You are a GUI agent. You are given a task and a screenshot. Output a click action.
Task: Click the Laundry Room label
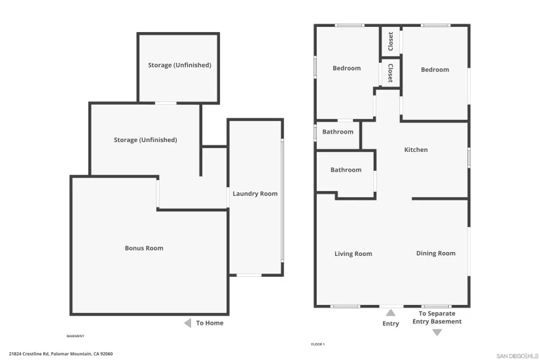(x=255, y=194)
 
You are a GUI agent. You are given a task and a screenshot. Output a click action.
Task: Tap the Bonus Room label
(x=144, y=248)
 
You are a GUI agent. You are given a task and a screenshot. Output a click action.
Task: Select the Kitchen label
(x=416, y=150)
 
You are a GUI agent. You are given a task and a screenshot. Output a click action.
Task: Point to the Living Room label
(x=353, y=254)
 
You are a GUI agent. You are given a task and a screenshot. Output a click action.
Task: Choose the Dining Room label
(x=435, y=253)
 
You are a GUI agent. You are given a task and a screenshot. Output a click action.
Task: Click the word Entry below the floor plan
(x=391, y=324)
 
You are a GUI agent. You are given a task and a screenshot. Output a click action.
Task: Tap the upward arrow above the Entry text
(x=391, y=313)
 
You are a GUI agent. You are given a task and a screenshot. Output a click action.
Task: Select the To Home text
(x=209, y=323)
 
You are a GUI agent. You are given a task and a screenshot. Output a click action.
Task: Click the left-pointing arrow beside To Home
(x=187, y=323)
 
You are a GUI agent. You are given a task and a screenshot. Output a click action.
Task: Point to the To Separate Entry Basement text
(x=437, y=317)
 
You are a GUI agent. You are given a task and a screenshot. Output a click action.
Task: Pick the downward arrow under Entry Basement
(x=437, y=333)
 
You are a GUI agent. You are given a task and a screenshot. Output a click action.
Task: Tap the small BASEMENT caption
(x=75, y=336)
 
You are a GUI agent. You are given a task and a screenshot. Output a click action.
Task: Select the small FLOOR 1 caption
(x=317, y=344)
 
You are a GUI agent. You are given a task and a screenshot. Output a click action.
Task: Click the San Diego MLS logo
(x=517, y=355)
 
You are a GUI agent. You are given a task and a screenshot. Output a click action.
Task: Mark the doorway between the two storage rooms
(x=166, y=103)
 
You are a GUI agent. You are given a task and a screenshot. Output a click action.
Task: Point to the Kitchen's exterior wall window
(x=469, y=158)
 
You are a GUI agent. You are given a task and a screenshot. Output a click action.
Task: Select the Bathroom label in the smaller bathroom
(x=338, y=132)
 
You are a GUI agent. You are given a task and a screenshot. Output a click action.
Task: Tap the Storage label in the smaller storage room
(x=179, y=65)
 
